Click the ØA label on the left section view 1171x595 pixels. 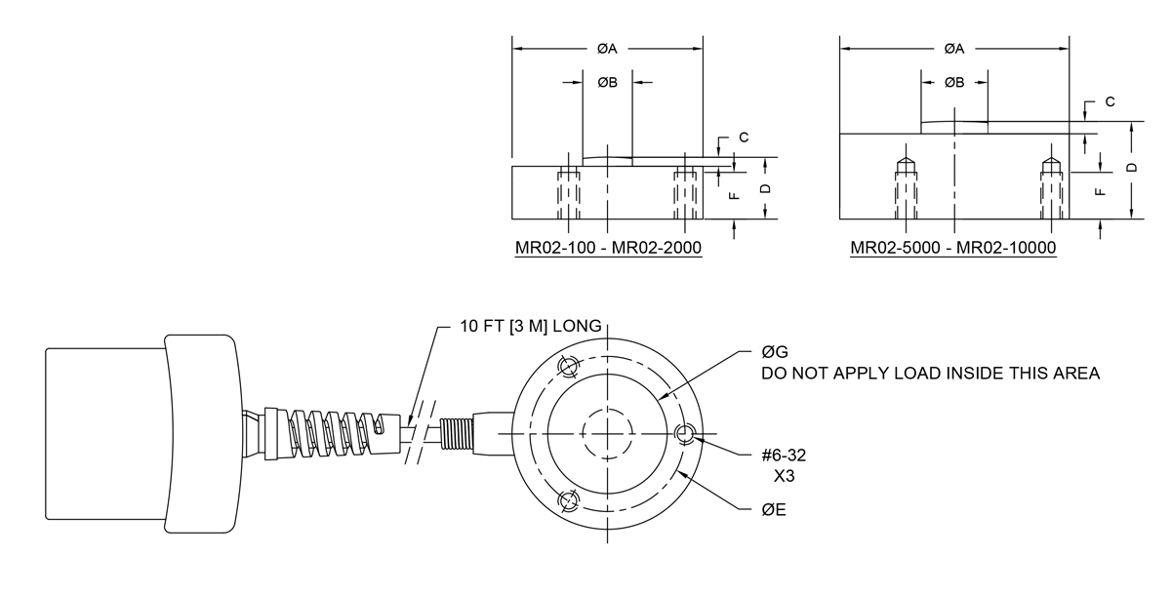(x=608, y=49)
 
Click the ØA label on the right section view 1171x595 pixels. (x=954, y=49)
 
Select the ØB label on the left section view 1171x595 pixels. (x=608, y=83)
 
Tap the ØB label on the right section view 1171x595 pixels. (x=954, y=83)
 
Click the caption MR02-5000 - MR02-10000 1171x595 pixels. (x=953, y=248)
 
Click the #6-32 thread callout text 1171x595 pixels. (x=784, y=456)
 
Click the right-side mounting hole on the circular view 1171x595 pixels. (x=685, y=435)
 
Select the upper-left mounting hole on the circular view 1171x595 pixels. (x=567, y=367)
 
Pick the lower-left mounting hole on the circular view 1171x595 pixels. (x=567, y=501)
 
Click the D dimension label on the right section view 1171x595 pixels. (x=1132, y=168)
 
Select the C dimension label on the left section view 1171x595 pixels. (x=744, y=138)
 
